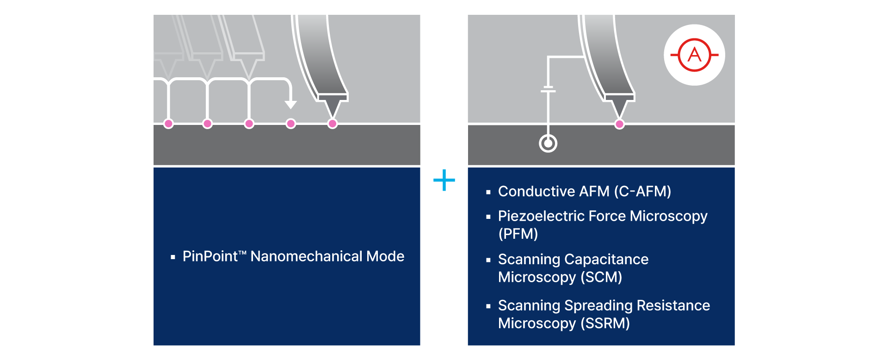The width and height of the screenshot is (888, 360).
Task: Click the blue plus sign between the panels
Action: pos(444,180)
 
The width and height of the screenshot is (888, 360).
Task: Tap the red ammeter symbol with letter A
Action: pos(694,55)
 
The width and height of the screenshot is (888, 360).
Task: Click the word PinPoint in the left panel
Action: pos(210,256)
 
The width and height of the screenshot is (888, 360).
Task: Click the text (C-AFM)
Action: pos(642,191)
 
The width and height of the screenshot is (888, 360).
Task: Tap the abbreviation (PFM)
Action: pos(518,234)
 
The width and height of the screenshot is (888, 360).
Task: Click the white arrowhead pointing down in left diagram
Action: pos(290,105)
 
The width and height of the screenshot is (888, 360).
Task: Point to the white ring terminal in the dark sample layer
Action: pos(548,143)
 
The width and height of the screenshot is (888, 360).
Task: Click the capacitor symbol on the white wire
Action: pos(548,89)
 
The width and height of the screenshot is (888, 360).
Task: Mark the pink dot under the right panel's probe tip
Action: pos(619,124)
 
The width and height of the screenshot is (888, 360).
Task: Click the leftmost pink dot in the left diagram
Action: pos(168,124)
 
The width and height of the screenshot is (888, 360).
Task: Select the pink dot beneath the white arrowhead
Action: pos(290,124)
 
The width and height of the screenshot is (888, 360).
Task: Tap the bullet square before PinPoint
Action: pos(173,257)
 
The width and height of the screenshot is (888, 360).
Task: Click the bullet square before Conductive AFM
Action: pos(488,192)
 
